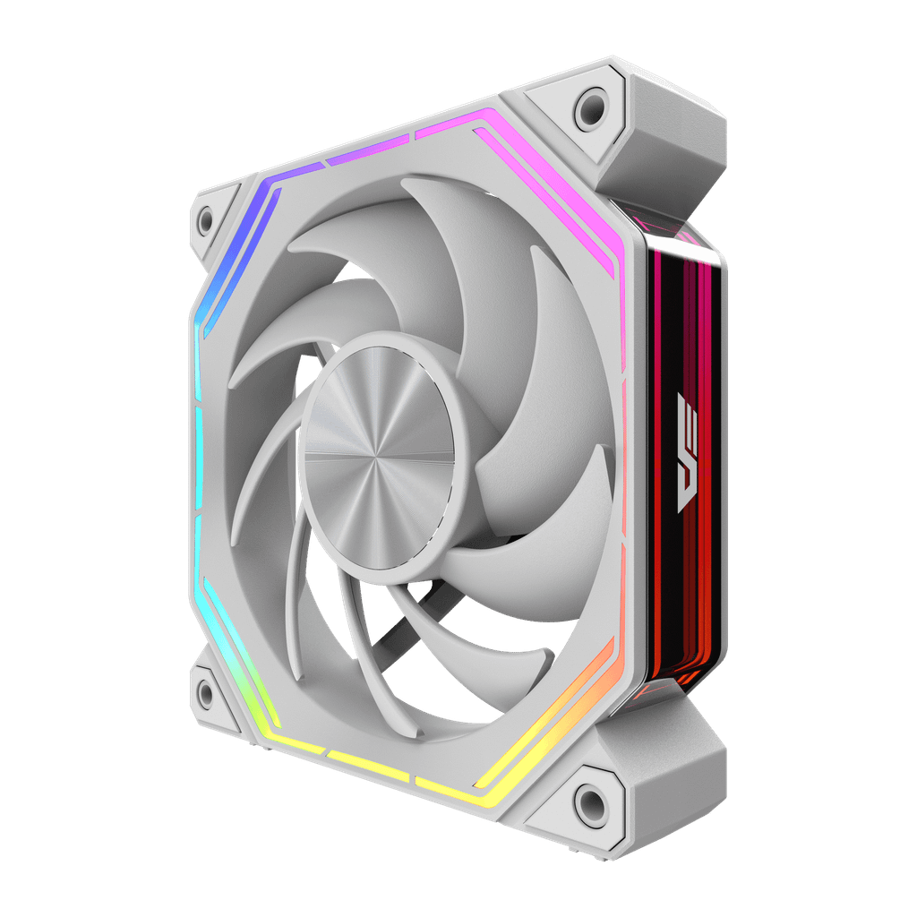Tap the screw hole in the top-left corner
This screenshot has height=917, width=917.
tap(205, 219)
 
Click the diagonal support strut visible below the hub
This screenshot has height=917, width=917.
tap(394, 627)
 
